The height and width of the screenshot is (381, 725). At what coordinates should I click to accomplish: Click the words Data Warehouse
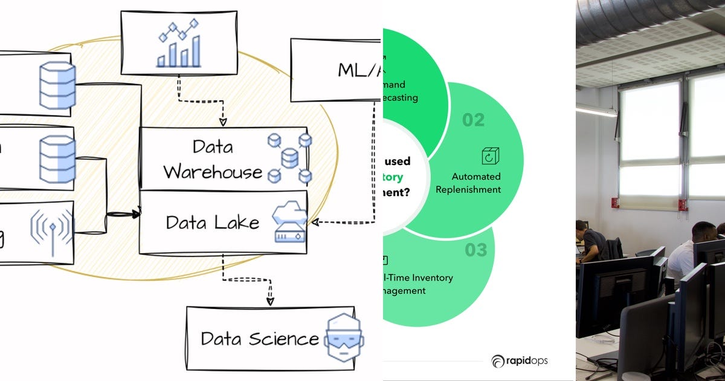point(213,159)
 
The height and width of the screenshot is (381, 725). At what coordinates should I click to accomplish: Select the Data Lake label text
point(213,223)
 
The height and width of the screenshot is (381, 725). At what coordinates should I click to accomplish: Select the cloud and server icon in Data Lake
point(289,223)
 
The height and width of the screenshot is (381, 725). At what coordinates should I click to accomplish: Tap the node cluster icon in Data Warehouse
point(289,158)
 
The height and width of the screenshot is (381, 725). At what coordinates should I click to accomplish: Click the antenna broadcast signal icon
point(52,231)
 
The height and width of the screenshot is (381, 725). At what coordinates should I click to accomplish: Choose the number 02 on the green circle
point(473,120)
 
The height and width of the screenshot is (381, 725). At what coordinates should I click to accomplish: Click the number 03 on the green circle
point(475,250)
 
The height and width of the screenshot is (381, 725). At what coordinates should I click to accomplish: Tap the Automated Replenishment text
point(476,183)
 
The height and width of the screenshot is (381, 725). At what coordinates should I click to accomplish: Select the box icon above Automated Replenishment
point(490,155)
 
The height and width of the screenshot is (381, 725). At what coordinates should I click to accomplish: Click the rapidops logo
point(519,361)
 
